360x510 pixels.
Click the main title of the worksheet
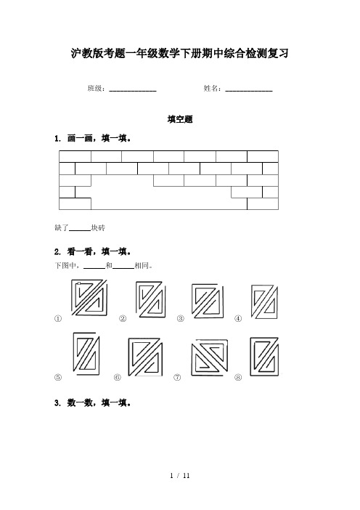point(180,53)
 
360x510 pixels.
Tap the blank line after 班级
point(133,91)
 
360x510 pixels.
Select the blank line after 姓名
point(249,91)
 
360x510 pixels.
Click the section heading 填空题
point(180,119)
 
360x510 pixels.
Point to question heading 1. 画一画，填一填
point(93,139)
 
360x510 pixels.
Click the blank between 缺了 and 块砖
point(80,230)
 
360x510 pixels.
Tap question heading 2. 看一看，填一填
point(93,252)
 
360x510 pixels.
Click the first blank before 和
point(94,268)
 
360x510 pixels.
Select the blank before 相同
point(123,268)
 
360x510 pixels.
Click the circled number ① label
point(58,318)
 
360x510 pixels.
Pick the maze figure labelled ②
point(150,299)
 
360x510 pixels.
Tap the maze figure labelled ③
point(208,301)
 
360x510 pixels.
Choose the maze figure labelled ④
point(264,301)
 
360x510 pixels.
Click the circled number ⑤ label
point(58,377)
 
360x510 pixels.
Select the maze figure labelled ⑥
point(145,357)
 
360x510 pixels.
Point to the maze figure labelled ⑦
point(209,357)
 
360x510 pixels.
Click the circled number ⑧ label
point(238,377)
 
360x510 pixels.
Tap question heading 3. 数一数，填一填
point(93,403)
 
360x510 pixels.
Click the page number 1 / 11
point(180,476)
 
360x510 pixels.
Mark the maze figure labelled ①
point(89,297)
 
